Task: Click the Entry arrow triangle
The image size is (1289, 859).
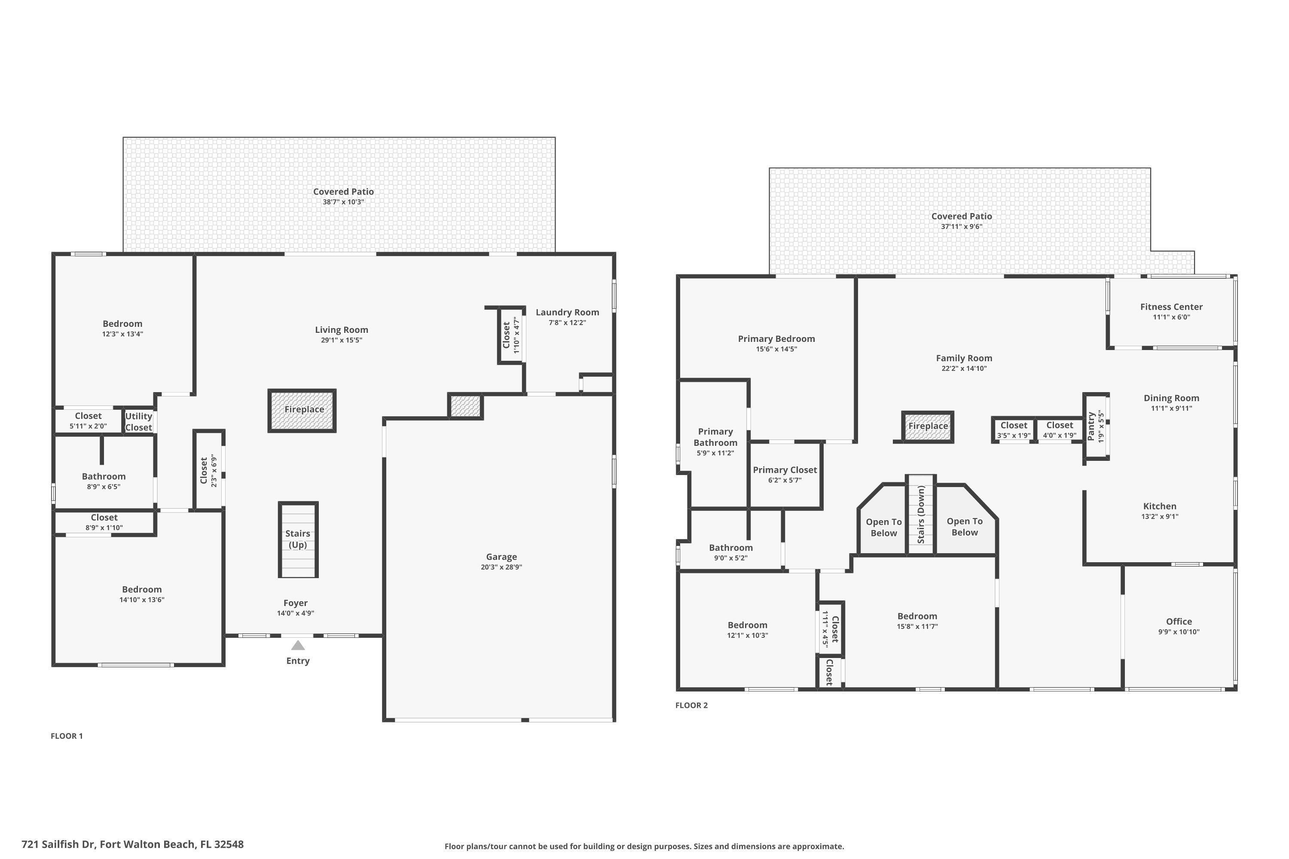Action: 298,646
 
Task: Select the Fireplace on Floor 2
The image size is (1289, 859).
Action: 928,427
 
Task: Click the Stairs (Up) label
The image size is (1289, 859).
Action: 298,539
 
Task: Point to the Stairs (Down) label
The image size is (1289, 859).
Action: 921,515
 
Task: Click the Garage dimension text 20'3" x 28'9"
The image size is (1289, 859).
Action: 501,567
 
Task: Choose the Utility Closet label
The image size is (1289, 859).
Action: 139,422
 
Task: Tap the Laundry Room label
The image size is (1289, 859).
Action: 567,312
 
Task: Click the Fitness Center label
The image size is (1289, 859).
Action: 1171,307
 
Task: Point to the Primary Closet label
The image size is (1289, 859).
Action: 785,470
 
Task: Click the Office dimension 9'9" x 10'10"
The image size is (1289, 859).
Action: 1179,632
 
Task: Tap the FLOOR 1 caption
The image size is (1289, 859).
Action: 67,736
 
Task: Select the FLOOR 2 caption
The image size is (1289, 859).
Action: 692,705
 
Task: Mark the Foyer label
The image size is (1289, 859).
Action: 296,603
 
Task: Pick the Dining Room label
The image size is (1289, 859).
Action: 1171,398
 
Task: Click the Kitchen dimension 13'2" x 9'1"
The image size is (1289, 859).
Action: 1160,516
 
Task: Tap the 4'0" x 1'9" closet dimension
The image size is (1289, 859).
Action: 1060,436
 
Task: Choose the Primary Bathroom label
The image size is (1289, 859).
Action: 715,437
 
